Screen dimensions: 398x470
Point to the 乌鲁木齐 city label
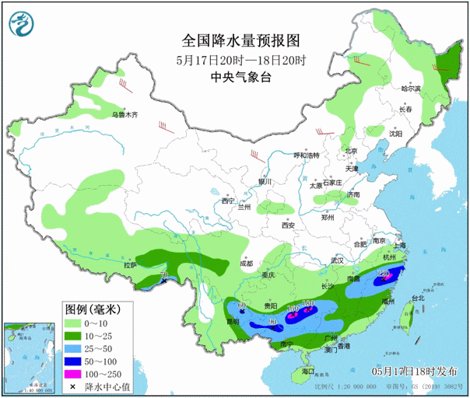(x=124, y=115)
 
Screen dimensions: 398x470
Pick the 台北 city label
(x=416, y=298)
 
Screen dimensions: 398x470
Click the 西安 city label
(x=289, y=225)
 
